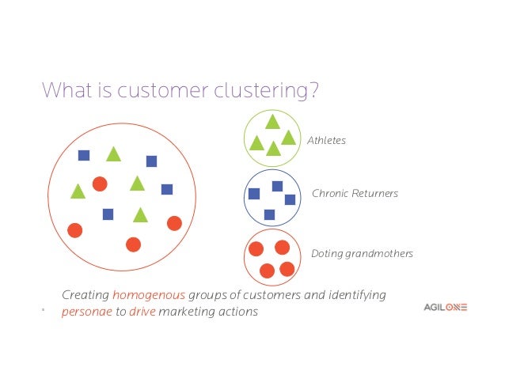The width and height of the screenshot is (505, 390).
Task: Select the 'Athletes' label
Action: tap(328, 141)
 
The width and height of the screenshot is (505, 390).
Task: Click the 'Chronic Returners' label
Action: tap(355, 193)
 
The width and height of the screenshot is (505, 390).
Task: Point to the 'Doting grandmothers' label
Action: tap(362, 254)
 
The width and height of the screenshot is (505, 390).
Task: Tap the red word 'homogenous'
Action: tap(149, 295)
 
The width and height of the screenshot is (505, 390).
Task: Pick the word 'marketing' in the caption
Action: tap(187, 312)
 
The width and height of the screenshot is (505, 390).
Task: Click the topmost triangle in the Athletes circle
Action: tap(272, 122)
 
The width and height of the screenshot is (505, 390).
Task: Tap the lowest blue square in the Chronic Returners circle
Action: tap(269, 214)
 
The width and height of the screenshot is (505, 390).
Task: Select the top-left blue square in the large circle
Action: tap(84, 156)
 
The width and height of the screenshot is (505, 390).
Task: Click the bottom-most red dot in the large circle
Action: tap(133, 244)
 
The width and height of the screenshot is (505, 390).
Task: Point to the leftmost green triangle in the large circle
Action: tap(78, 191)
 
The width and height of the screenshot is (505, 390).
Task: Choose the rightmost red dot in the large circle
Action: tap(174, 224)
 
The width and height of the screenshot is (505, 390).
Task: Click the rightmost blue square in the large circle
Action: tap(167, 189)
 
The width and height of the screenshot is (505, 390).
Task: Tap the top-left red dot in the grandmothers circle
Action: tap(256, 249)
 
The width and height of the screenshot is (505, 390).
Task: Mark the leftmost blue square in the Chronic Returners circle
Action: tap(254, 194)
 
